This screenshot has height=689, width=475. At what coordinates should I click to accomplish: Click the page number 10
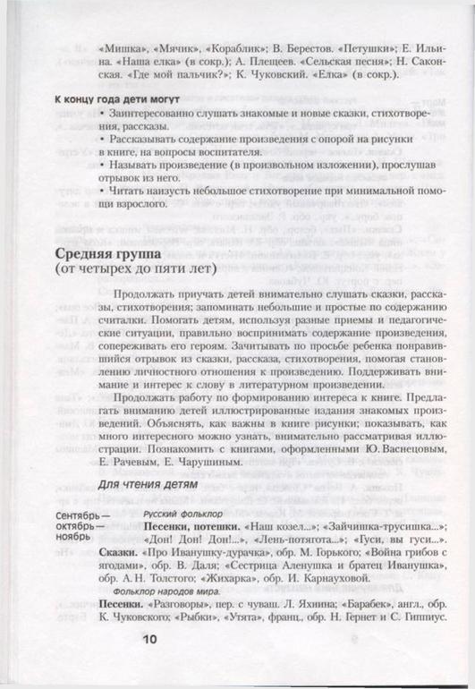[x=148, y=639]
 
